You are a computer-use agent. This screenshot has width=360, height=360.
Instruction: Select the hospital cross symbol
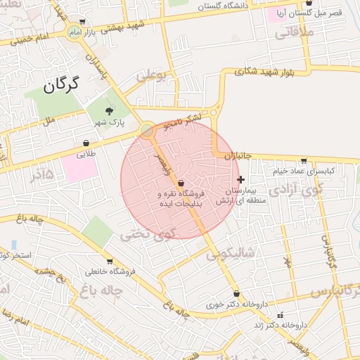tap(241, 180)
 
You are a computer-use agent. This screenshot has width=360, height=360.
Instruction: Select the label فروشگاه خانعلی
tap(110, 271)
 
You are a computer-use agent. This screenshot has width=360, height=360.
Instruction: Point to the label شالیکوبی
tap(231, 253)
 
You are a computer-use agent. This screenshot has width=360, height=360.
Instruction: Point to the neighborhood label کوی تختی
tap(146, 235)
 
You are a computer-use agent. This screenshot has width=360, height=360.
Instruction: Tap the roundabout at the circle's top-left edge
tap(147, 130)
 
